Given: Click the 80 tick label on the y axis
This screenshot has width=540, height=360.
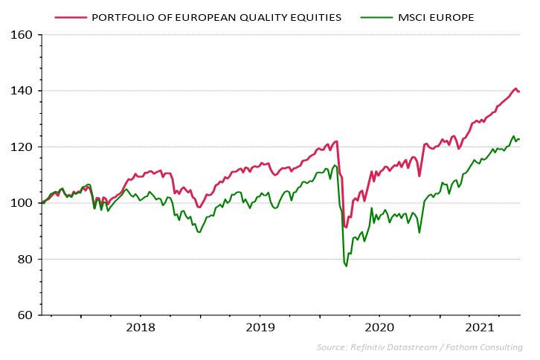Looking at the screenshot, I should tap(23, 260).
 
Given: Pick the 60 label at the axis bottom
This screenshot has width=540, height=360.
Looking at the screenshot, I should tap(23, 315).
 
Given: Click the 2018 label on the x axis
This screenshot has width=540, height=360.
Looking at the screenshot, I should tap(141, 327).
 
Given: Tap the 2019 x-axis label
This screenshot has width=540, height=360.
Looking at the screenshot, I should tap(260, 327).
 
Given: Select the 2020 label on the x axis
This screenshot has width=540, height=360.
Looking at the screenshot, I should tap(379, 327).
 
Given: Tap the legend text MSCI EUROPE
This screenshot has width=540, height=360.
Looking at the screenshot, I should tap(436, 16).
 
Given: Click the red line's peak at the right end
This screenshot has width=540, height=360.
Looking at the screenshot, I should tap(515, 89).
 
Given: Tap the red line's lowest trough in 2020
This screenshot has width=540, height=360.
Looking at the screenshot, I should tap(345, 228).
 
